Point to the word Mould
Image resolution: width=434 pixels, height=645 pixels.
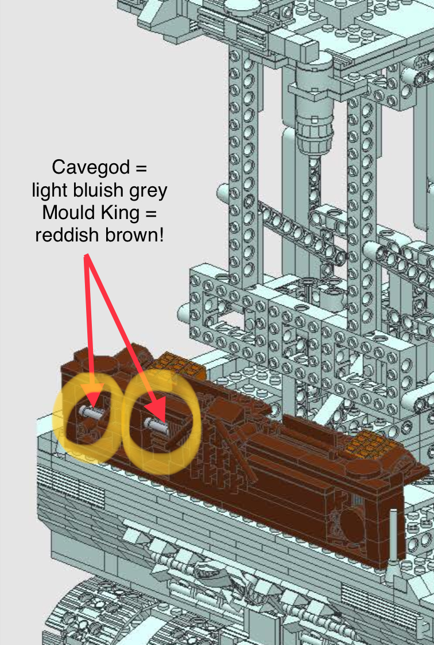(65, 213)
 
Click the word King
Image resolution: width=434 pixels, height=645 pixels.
(116, 213)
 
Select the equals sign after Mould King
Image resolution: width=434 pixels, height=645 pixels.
(150, 213)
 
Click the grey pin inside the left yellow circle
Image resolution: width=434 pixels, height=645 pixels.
(92, 412)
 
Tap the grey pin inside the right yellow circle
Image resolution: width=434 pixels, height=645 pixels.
(157, 425)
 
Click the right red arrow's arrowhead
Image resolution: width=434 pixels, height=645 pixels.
(160, 412)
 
